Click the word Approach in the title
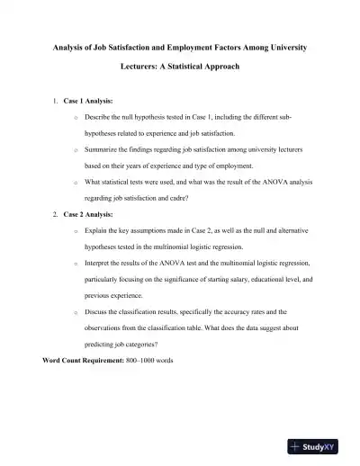click(x=220, y=67)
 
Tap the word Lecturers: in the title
click(x=141, y=67)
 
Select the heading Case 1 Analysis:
click(x=88, y=102)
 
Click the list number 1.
click(x=56, y=102)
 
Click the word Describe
click(x=98, y=118)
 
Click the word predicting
click(x=103, y=345)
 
